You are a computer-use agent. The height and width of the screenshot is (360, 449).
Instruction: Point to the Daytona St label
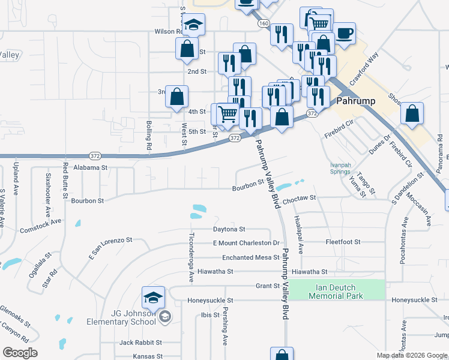[229, 229]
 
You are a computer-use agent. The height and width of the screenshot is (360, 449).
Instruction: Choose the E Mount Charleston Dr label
[247, 243]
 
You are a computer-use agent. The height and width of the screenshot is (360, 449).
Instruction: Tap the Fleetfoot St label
[343, 242]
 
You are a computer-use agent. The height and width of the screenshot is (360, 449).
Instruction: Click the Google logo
[20, 353]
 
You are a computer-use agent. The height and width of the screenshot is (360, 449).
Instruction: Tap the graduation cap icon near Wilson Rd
[193, 25]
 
